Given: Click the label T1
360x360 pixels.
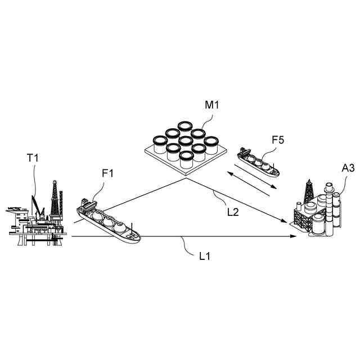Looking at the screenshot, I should (33, 159).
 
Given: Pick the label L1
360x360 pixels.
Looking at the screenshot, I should (205, 256).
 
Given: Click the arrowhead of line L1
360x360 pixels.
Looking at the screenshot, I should (293, 237).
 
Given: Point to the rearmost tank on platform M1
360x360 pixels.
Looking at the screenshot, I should (185, 127).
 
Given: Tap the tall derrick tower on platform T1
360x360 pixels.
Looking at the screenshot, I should (55, 200).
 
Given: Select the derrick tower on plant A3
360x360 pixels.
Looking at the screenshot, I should (309, 192).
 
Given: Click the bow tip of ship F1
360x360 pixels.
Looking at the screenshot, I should (138, 238).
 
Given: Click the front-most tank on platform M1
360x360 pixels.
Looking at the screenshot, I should (186, 157).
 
